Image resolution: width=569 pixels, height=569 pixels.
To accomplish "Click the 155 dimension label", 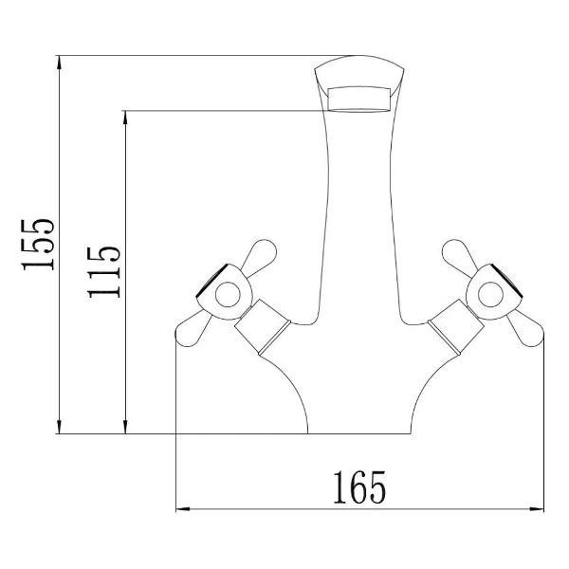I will pyautogui.click(x=40, y=245).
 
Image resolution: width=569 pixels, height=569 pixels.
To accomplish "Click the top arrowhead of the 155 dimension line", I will pyautogui.click(x=59, y=63).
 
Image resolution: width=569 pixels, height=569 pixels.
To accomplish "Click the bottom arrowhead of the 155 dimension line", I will pyautogui.click(x=59, y=428).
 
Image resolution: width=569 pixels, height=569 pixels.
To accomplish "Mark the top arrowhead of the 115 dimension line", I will pyautogui.click(x=124, y=117).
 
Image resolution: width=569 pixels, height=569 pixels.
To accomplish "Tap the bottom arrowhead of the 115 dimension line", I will pyautogui.click(x=124, y=428).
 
